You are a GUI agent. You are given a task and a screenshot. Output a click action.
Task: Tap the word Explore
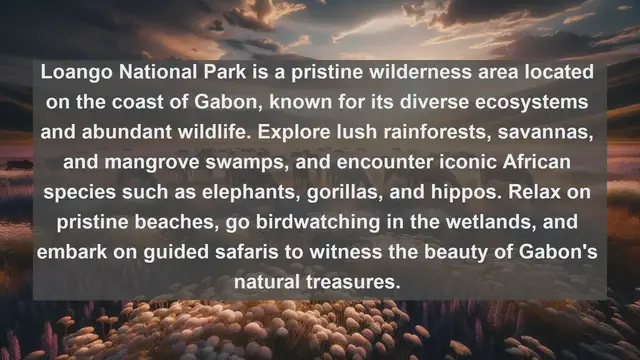(325, 135)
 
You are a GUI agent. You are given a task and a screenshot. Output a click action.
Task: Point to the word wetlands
(474, 225)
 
